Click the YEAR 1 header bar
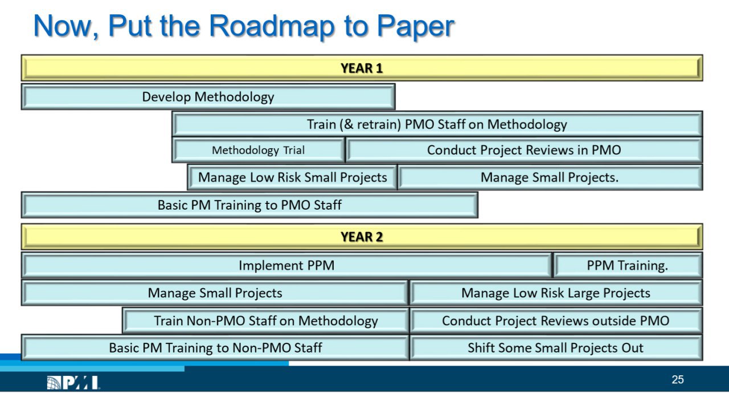click(362, 68)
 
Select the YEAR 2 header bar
click(362, 237)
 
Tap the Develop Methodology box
click(208, 97)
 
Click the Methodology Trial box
click(259, 150)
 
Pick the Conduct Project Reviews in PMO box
click(524, 150)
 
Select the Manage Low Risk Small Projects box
click(292, 177)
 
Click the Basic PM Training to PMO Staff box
click(249, 205)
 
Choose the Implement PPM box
click(286, 265)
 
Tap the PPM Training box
click(628, 265)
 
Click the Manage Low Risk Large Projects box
click(556, 293)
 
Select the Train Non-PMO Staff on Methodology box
click(265, 321)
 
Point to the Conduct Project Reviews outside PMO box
click(556, 321)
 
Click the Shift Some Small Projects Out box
click(556, 348)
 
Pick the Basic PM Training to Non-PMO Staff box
click(215, 348)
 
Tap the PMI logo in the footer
click(73, 382)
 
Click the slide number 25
click(678, 380)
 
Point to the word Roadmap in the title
click(272, 26)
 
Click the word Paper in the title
click(416, 27)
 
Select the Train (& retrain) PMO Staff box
click(437, 124)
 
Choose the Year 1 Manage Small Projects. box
click(550, 177)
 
